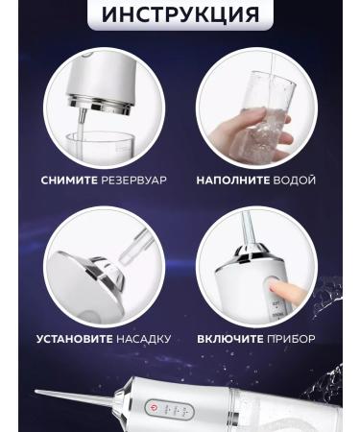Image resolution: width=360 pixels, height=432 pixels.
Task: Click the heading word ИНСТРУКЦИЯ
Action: [180, 14]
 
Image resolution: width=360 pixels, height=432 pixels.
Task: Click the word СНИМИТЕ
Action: [72, 180]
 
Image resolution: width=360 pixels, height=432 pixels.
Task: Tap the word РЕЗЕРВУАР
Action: [137, 180]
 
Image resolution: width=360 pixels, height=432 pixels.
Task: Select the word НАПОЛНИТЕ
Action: [231, 180]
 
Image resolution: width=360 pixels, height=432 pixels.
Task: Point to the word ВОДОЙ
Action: [295, 180]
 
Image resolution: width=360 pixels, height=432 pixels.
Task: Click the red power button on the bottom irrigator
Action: [153, 409]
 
